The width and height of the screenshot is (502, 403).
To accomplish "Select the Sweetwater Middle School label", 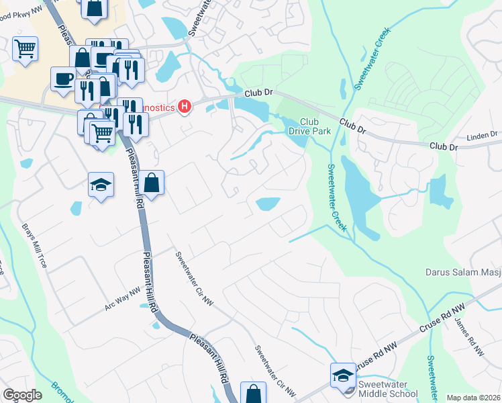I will (x=389, y=388).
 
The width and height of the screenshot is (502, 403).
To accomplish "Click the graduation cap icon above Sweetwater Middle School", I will (x=343, y=375).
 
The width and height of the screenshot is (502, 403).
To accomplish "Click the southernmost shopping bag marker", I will (x=253, y=394).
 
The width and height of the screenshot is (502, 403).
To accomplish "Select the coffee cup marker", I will (x=64, y=78).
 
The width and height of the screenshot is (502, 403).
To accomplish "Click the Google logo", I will (x=23, y=395).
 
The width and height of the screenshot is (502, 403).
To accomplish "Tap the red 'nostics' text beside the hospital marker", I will (x=156, y=107).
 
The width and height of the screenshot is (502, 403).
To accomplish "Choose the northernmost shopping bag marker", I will (x=95, y=8).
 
